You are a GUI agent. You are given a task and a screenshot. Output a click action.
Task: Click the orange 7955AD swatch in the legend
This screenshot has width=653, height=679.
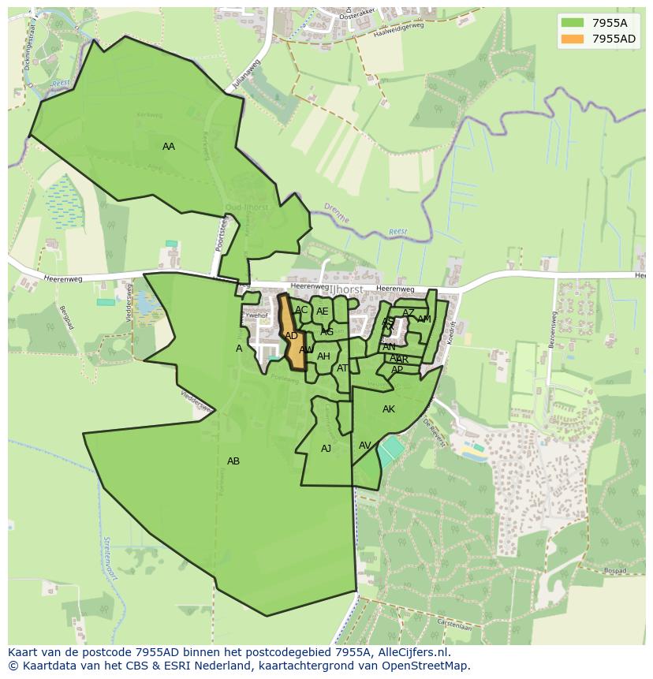(573, 39)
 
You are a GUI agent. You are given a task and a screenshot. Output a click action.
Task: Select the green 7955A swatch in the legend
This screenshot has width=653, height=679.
(573, 23)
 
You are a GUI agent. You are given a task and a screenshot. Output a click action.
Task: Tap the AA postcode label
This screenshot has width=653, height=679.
(169, 147)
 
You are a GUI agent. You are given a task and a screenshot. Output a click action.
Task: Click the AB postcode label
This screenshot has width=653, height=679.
(233, 461)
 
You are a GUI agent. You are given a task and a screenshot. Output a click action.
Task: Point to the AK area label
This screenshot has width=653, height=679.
(389, 409)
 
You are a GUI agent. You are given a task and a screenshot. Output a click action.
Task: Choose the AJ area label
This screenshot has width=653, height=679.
(326, 449)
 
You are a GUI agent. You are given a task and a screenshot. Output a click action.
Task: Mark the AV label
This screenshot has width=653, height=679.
(365, 446)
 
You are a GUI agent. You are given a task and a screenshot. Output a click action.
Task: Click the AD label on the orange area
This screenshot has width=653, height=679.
(292, 336)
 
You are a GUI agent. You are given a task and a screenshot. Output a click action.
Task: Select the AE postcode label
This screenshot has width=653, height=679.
(323, 312)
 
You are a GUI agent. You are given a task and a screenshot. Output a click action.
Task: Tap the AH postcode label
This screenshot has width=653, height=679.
(323, 356)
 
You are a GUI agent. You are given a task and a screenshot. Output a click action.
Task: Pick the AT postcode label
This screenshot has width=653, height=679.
(343, 368)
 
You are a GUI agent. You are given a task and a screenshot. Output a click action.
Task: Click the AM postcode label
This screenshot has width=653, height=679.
(424, 319)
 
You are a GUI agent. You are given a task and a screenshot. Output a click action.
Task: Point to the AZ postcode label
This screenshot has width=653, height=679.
(409, 313)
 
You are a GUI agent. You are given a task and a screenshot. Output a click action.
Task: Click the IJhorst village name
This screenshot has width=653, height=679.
(346, 290)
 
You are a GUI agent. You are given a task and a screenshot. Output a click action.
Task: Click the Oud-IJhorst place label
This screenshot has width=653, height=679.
(246, 207)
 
